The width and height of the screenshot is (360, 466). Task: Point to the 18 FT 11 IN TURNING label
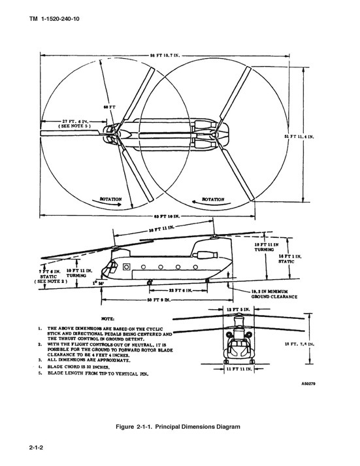(267, 245)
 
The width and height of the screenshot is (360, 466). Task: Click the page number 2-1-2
(41, 448)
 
